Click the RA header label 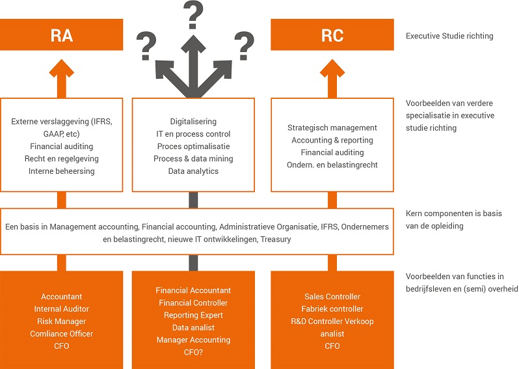(x=62, y=35)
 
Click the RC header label (x=332, y=35)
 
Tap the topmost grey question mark (x=193, y=15)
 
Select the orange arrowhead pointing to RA (x=62, y=68)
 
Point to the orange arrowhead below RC (x=332, y=68)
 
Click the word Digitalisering (x=193, y=122)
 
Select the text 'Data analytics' (x=193, y=171)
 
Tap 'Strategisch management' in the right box (x=332, y=128)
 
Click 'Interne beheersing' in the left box (x=62, y=171)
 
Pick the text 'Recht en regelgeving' (x=62, y=159)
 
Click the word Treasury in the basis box (x=276, y=239)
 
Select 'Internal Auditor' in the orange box (x=62, y=308)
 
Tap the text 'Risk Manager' (x=62, y=321)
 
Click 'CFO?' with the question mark (x=193, y=352)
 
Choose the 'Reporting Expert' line (x=193, y=315)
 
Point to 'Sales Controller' (x=332, y=297)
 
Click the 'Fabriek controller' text (x=332, y=308)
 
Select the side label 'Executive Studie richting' (x=449, y=36)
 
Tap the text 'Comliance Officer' (x=62, y=334)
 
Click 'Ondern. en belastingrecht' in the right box (x=332, y=165)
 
